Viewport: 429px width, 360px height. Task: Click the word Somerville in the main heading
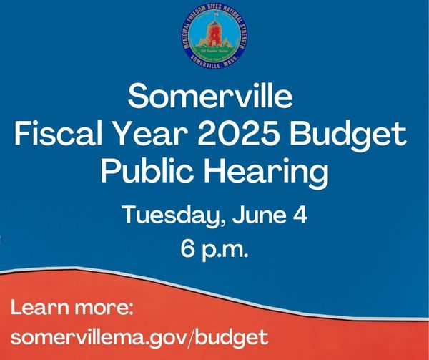[210, 97]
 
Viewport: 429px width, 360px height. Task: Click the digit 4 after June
[301, 215]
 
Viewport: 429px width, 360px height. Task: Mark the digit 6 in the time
[187, 249]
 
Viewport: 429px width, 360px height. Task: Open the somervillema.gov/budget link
[139, 337]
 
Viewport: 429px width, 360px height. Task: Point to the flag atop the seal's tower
[216, 14]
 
